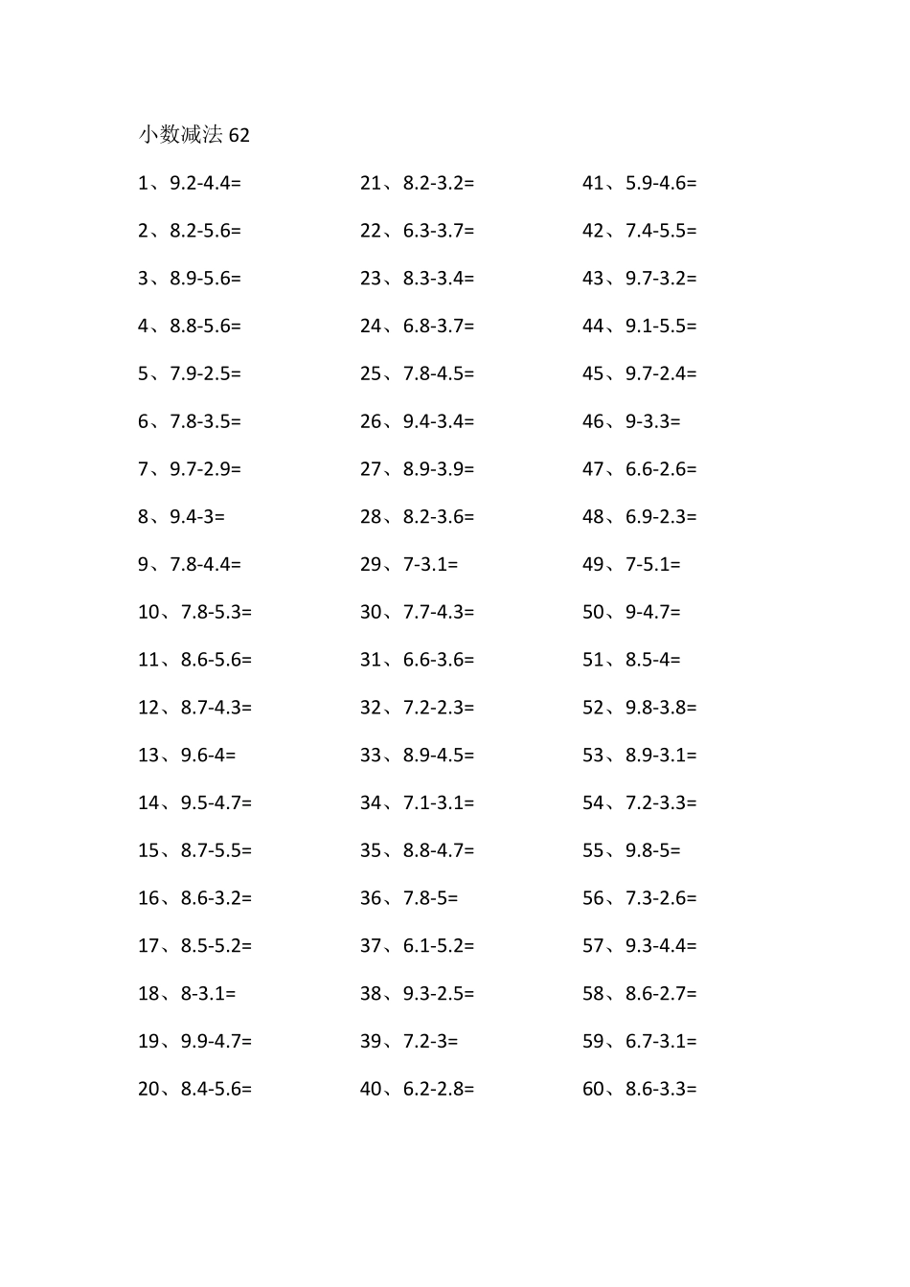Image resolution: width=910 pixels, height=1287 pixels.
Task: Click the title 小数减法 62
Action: [x=193, y=135]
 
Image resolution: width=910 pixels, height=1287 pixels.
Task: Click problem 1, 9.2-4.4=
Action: [x=190, y=183]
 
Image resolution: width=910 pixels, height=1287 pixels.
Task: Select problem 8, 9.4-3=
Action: [x=181, y=517]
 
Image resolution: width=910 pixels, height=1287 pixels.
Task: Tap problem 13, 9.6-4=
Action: [x=187, y=756]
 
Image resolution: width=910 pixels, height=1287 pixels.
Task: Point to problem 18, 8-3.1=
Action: [x=187, y=994]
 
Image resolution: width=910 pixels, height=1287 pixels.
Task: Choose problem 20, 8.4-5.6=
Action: [x=194, y=1089]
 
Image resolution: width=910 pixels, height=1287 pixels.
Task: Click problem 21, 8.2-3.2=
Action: [x=417, y=183]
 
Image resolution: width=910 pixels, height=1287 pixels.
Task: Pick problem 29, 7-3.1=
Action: [x=409, y=565]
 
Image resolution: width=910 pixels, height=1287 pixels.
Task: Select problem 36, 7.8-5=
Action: [x=409, y=898]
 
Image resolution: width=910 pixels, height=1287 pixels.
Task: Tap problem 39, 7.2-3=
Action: [x=409, y=1042]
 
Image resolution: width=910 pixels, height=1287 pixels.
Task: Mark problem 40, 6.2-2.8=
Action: [x=417, y=1089]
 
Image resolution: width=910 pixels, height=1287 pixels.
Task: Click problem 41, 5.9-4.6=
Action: [x=639, y=183]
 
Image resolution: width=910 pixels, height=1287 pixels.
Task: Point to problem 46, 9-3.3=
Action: [x=631, y=421]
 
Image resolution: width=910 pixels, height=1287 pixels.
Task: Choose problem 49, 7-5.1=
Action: [x=631, y=565]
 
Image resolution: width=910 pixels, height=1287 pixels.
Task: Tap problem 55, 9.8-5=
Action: [x=631, y=850]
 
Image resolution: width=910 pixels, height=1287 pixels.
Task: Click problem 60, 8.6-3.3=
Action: [x=639, y=1089]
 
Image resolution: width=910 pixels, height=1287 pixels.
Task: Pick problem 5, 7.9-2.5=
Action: [x=190, y=373]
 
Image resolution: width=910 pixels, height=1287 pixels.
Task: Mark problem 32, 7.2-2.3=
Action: [x=417, y=708]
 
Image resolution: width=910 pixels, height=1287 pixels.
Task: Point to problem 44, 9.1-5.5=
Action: [x=639, y=327]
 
